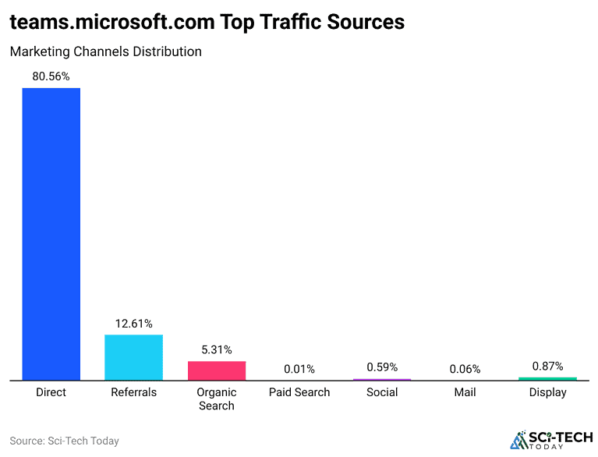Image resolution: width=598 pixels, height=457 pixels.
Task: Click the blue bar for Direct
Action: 51,234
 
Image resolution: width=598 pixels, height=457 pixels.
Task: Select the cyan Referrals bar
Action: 133,357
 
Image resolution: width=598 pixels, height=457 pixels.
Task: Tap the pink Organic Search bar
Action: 217,370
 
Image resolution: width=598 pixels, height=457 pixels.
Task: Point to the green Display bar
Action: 547,379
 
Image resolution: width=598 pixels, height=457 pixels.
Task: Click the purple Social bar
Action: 382,380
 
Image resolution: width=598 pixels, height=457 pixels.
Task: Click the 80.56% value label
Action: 51,76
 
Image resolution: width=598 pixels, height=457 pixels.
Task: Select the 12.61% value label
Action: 133,324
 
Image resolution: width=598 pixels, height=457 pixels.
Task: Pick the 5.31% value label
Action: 217,349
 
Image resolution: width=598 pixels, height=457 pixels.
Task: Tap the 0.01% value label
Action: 299,369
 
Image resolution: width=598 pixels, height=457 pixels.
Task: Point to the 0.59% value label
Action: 382,367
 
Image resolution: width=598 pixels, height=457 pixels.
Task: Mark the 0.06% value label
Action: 465,369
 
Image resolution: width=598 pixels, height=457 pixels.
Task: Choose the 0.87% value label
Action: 547,366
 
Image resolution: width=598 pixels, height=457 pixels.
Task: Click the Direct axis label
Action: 51,392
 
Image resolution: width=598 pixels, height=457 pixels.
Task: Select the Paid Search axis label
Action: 299,392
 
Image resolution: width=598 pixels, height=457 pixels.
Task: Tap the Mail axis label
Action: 465,392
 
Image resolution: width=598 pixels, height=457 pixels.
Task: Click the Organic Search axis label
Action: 217,399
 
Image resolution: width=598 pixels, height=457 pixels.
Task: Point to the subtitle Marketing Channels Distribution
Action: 105,51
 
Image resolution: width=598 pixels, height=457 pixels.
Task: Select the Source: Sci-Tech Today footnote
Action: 64,441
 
